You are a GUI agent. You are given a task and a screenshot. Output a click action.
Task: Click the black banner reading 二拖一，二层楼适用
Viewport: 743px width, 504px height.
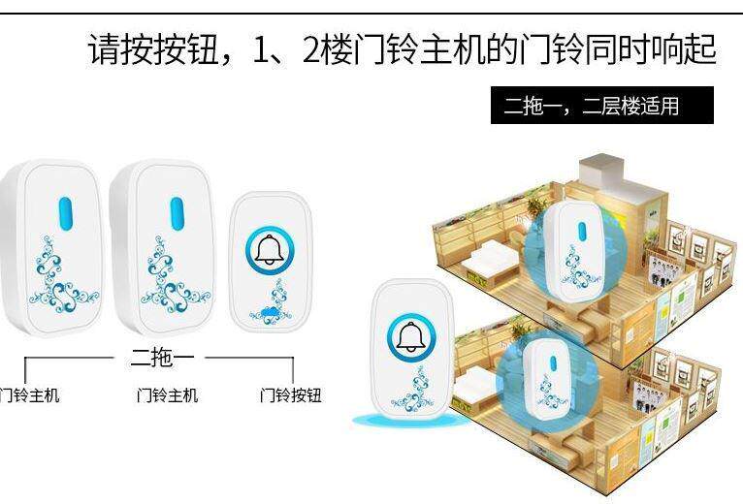(601, 106)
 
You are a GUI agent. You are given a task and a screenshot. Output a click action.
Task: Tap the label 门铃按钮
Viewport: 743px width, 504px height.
(290, 394)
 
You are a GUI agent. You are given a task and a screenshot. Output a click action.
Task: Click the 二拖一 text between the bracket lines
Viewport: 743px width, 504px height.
(162, 358)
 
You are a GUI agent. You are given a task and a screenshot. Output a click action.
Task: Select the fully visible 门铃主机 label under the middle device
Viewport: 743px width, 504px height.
(168, 394)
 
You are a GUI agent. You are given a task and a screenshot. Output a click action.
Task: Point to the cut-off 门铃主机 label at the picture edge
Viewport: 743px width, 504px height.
(29, 394)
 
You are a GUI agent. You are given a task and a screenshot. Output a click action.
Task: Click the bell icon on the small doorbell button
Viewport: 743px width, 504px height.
(269, 250)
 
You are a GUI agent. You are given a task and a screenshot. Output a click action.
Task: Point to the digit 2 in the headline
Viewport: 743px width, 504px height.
(311, 49)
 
